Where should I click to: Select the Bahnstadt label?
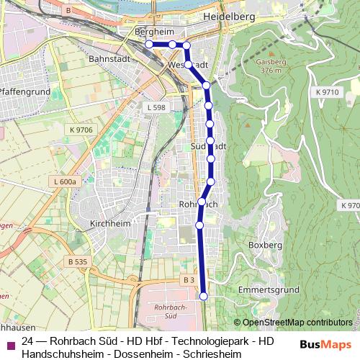point(107,59)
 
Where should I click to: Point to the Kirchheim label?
point(109,224)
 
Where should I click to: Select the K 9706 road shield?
point(82,130)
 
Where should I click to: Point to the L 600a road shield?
point(65,182)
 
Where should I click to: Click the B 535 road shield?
point(75,260)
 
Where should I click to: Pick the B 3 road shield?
point(188,279)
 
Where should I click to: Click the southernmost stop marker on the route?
point(203,296)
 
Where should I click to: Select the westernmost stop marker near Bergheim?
point(150,45)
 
